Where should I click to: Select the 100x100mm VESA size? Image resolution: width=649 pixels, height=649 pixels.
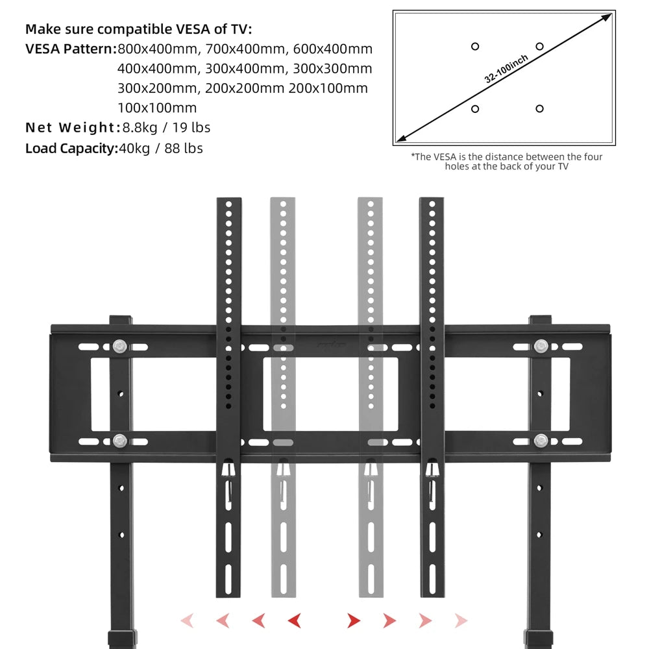pos(157,108)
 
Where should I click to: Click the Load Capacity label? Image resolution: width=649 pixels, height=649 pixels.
pos(70,148)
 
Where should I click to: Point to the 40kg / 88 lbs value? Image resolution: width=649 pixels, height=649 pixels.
pos(160,148)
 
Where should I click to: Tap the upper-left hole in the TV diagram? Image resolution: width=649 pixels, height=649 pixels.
pos(475,46)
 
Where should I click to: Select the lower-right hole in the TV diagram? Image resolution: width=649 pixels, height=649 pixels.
pos(539,109)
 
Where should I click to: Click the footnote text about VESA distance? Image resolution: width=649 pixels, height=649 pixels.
pos(506,162)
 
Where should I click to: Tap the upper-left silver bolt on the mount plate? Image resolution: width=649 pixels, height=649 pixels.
pos(119,346)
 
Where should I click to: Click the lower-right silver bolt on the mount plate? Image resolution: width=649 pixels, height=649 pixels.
pos(541,441)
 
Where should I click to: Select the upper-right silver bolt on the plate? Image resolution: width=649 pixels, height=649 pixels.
pos(541,346)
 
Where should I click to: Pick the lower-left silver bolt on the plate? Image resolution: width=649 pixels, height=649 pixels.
pos(119,441)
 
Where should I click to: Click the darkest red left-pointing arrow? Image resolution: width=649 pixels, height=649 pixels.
pos(293,620)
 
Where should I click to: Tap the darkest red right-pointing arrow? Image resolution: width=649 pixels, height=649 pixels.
pos(354,620)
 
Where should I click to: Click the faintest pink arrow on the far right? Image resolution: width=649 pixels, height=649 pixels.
pos(461,620)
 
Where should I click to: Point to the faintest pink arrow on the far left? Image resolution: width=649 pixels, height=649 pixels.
pos(187,620)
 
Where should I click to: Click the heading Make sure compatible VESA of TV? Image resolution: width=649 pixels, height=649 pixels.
pos(138,29)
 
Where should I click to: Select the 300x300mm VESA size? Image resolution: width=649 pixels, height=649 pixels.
pos(332,69)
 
